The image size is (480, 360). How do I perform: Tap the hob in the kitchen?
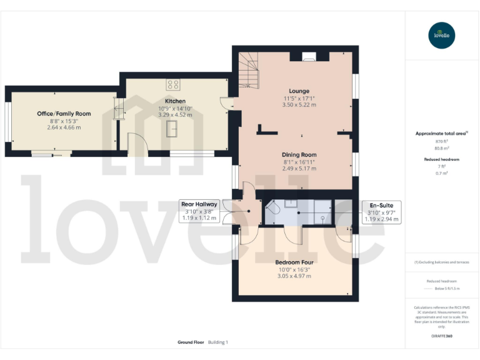coord(173,84)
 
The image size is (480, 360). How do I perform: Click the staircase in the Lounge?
coord(249,69)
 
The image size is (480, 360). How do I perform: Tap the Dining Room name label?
coord(300,154)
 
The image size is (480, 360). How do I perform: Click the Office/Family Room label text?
coord(64,113)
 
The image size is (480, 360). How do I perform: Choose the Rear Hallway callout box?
coord(199,211)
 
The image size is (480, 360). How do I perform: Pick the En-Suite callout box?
coord(381,211)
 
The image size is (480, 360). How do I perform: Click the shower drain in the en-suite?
coord(322,218)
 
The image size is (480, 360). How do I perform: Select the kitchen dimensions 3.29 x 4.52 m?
coord(175,115)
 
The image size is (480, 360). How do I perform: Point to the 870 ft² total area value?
coord(442,142)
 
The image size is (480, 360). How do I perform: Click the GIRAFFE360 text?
coord(442,336)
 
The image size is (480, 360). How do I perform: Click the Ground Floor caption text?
coord(190,342)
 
